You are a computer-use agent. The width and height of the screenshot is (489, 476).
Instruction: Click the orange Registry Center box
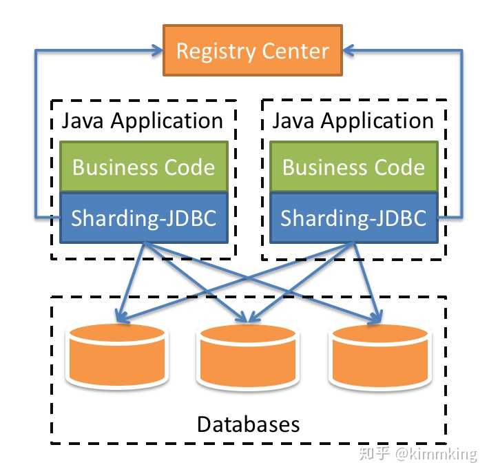tap(253, 50)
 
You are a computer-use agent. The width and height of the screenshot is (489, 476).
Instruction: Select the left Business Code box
tap(144, 166)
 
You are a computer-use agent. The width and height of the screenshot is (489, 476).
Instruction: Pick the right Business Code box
tap(354, 166)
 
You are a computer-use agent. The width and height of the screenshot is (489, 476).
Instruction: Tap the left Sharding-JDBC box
tap(144, 218)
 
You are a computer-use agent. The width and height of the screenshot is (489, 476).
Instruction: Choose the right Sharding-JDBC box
tap(354, 218)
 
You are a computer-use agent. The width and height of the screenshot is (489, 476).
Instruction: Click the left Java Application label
tap(142, 121)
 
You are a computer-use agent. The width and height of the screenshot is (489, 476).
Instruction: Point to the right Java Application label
tap(353, 121)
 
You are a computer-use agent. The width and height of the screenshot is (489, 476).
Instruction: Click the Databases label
tap(248, 424)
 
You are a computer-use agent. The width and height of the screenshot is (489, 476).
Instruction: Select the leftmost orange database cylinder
tap(117, 355)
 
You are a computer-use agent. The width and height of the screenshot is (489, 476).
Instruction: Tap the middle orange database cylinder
tap(248, 356)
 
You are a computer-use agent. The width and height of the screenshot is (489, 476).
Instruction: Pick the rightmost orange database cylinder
tap(380, 356)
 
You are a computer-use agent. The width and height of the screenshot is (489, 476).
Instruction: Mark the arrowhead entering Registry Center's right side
tap(349, 50)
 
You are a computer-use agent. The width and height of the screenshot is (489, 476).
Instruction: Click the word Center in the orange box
tap(295, 51)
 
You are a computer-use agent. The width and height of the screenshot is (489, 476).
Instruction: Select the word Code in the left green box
tap(189, 167)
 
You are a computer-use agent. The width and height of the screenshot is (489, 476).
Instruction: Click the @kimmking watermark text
tap(436, 454)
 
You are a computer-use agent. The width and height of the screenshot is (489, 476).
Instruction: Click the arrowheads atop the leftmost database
tap(122, 316)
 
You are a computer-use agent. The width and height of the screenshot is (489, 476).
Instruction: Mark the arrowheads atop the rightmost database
tap(376, 318)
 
